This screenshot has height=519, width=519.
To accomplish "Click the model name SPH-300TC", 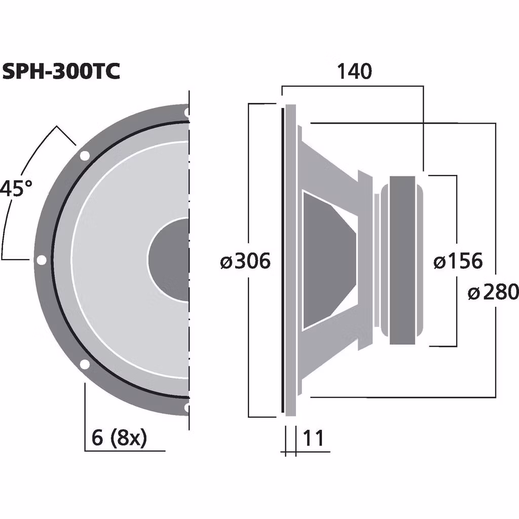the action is (x=61, y=71).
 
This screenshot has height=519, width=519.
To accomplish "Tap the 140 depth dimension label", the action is (x=354, y=71).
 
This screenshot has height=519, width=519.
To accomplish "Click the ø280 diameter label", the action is (x=493, y=292).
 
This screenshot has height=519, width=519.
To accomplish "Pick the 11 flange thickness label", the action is (x=313, y=438).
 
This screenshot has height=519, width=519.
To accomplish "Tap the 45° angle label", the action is (x=16, y=189).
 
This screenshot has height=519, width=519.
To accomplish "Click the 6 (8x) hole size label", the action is (x=119, y=438).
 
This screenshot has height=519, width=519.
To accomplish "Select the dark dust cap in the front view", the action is (x=169, y=259).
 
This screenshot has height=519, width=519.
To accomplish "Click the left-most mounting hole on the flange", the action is (x=41, y=260).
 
